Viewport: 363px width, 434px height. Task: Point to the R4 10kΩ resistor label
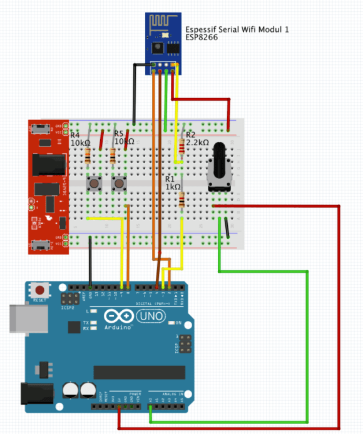coord(80,139)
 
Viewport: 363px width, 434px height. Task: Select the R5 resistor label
coord(124,138)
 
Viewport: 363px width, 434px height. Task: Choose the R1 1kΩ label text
coord(173,183)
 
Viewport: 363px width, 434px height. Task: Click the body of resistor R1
coord(182,200)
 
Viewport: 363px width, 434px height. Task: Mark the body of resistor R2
coord(181,148)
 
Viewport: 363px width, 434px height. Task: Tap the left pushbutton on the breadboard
coord(95,183)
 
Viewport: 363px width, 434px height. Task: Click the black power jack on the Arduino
coord(33,392)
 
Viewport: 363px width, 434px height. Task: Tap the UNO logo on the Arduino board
coord(151,316)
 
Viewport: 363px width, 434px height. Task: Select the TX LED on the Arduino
coord(93,322)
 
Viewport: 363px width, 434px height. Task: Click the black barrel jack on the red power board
coord(49,164)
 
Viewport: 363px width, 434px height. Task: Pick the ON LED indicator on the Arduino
coord(171,323)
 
